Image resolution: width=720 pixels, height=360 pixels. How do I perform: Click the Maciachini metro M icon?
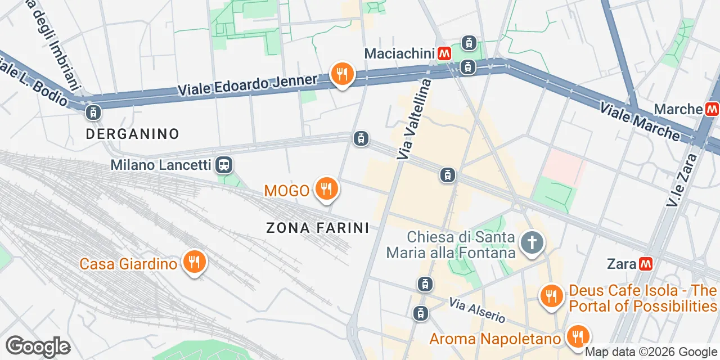click(444, 53)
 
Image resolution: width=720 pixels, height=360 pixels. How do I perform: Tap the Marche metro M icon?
click(712, 109)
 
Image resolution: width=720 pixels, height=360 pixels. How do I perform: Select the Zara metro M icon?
click(646, 263)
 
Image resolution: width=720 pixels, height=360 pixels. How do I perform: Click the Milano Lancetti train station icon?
click(224, 165)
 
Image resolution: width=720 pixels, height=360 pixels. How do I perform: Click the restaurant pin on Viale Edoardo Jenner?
click(341, 74)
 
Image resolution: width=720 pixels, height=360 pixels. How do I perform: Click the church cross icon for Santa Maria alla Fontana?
click(532, 244)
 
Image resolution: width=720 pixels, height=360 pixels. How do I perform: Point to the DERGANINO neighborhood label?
click(133, 134)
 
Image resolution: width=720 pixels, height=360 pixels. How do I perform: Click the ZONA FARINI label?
click(318, 228)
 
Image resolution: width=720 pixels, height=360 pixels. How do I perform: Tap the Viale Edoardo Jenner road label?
click(247, 85)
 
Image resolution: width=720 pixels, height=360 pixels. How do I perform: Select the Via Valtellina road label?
click(413, 119)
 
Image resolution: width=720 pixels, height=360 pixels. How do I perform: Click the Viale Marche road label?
click(640, 120)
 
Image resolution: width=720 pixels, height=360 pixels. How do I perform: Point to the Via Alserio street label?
click(477, 310)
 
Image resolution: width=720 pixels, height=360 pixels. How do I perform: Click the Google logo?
click(38, 346)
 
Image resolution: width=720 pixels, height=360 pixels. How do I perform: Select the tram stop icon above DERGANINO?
click(93, 112)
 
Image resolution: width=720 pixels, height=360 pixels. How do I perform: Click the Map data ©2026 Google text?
click(651, 352)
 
